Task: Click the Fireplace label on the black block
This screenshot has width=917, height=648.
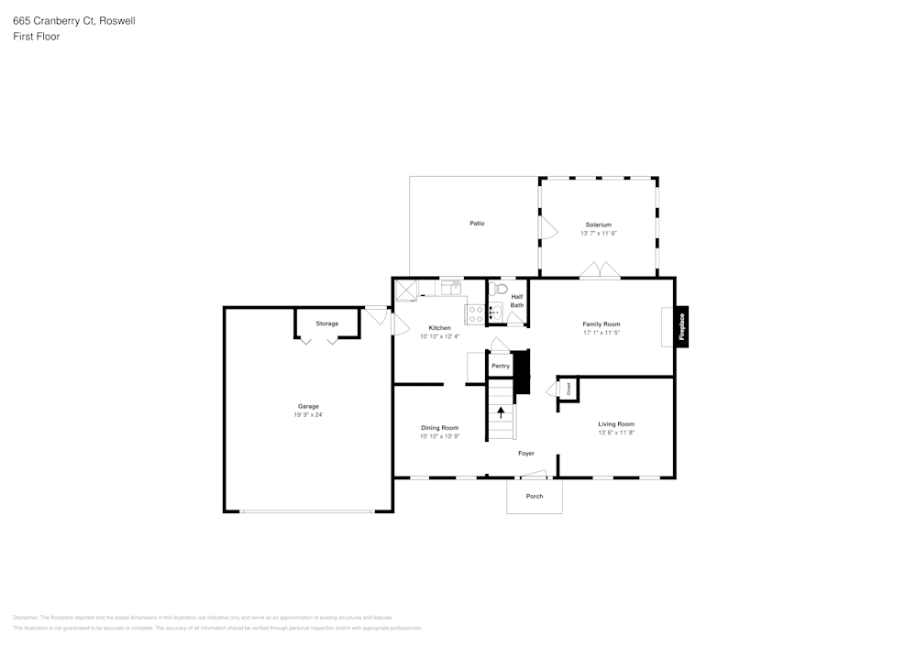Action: point(682,326)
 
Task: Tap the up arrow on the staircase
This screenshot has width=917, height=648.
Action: point(501,412)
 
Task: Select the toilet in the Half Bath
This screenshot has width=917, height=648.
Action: point(500,289)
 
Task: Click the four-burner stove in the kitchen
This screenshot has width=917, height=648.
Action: point(475,313)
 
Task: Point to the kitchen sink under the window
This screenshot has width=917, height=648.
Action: point(450,289)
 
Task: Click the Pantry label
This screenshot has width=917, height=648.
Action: point(500,366)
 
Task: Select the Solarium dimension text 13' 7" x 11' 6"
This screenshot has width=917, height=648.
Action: point(599,234)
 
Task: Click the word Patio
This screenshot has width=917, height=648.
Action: point(477,224)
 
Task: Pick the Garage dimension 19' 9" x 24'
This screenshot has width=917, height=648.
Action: point(308,415)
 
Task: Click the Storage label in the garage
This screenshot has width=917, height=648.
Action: point(327,324)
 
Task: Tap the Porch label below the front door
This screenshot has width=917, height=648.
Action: point(535,496)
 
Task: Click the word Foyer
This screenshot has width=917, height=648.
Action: point(526,453)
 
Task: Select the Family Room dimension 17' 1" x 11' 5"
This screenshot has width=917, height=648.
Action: point(602,334)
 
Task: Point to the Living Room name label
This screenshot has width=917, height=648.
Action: point(616,423)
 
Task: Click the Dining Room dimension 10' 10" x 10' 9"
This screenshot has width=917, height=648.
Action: point(439,436)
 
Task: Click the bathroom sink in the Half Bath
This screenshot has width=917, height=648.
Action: point(494,313)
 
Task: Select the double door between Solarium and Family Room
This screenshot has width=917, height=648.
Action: point(601,270)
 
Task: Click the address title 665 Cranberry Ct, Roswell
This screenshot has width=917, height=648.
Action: point(74,20)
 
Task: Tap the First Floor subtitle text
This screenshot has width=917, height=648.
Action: point(37,37)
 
